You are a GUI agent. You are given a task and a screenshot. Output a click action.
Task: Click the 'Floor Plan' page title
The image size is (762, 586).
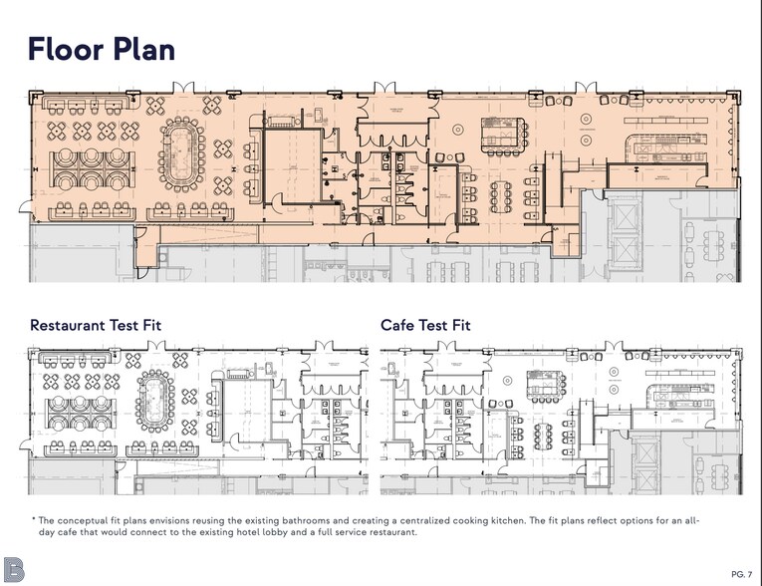(102, 48)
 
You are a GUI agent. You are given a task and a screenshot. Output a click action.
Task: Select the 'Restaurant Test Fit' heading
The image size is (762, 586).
(96, 325)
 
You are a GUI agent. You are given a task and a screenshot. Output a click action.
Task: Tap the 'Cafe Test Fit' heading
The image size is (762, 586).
(425, 325)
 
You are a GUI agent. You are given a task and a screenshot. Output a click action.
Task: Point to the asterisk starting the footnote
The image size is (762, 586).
(33, 520)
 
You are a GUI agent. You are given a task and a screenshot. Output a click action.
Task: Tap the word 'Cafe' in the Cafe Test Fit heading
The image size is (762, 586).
(397, 325)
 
